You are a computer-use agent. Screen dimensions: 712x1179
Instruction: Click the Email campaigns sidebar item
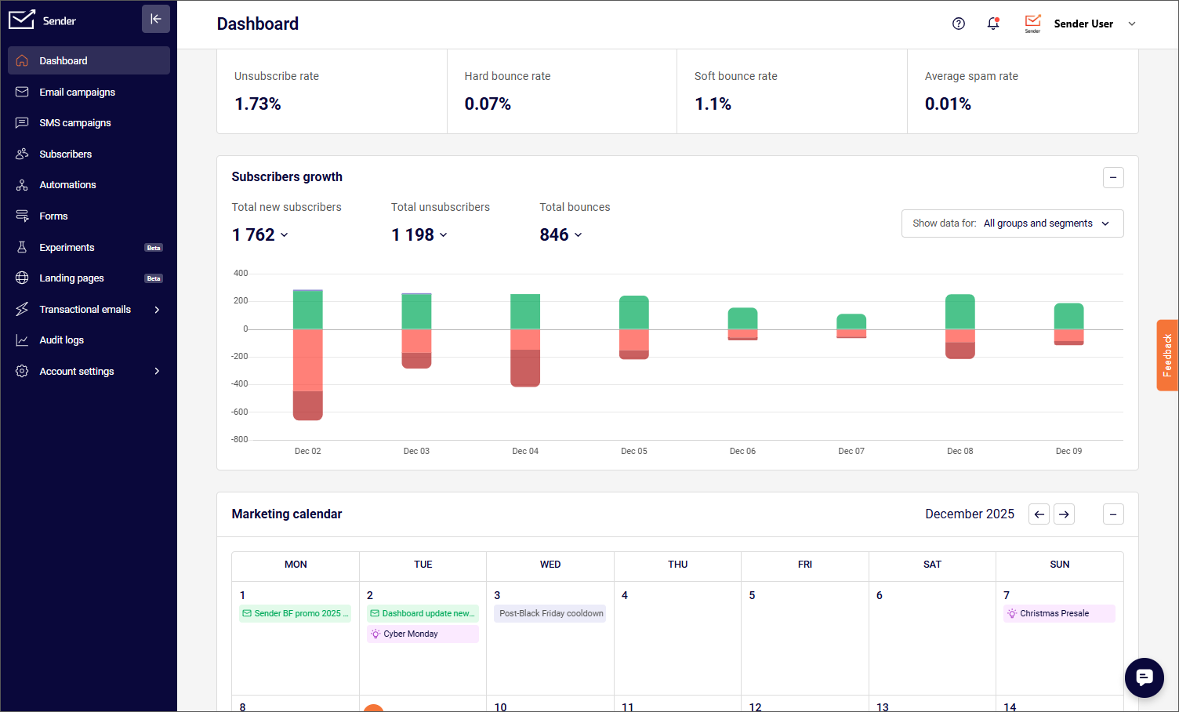point(77,93)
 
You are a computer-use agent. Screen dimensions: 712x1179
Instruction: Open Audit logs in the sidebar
point(61,340)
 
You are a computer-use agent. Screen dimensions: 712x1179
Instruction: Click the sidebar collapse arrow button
point(155,19)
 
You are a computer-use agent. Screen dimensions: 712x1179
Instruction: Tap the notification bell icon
point(993,24)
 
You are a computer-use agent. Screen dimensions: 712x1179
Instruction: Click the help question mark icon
point(958,24)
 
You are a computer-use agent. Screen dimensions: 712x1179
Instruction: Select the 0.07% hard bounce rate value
point(488,104)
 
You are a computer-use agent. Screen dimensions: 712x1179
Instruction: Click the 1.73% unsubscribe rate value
point(258,104)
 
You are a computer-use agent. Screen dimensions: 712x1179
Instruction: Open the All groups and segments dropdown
point(1012,223)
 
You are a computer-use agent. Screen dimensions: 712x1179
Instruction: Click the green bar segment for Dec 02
point(307,310)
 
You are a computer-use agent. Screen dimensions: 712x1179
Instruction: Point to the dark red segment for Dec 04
point(524,368)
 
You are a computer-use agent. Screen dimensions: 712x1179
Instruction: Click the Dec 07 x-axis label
point(851,452)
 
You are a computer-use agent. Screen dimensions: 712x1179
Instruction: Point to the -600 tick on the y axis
point(239,412)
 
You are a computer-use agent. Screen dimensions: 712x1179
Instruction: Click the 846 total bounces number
point(554,235)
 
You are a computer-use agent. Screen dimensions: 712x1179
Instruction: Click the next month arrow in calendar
point(1064,514)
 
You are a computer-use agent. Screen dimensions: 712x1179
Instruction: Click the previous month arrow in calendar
point(1039,514)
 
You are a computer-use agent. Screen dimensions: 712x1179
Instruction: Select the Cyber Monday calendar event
point(422,634)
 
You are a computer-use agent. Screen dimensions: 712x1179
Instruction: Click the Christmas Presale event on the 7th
point(1058,613)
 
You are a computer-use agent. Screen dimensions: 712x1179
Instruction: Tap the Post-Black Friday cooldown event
point(550,613)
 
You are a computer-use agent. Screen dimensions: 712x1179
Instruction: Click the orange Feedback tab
point(1167,355)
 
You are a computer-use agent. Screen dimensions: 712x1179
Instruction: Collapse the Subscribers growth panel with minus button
point(1113,178)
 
